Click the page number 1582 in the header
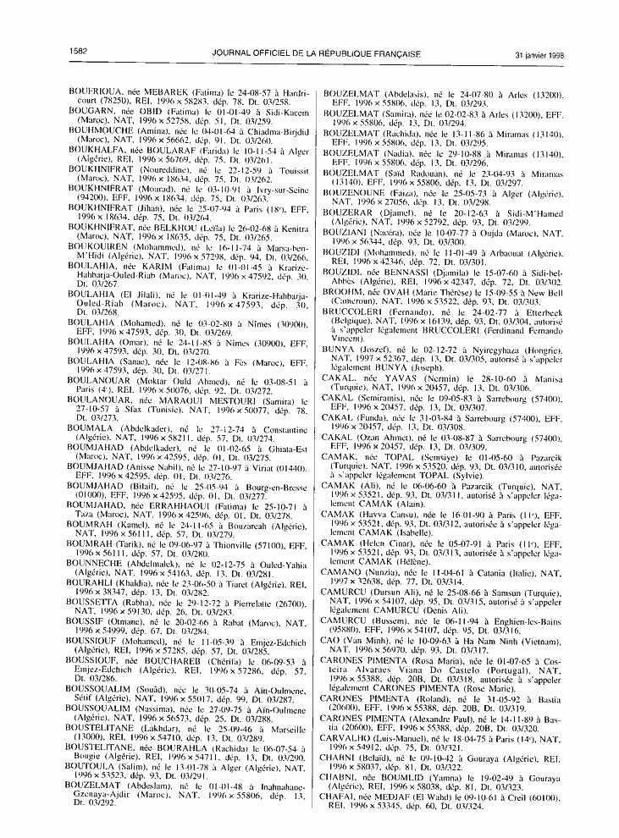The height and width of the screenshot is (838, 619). [83, 52]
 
